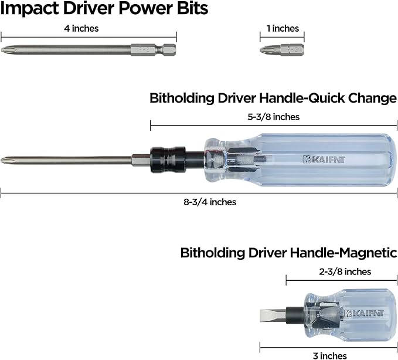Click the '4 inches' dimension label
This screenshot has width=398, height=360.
(x=81, y=28)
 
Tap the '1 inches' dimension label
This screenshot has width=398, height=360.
(x=283, y=28)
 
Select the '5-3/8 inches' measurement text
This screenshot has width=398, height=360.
(x=274, y=117)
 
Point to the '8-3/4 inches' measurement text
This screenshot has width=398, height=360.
(x=210, y=202)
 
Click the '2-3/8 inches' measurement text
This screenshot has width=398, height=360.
(x=345, y=271)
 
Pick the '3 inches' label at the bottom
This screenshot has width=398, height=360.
(x=330, y=356)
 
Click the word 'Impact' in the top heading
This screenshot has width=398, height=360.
(x=30, y=8)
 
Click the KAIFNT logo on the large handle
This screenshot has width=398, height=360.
(x=324, y=159)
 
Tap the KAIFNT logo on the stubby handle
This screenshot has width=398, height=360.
(x=364, y=313)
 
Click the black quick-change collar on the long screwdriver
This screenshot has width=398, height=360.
(x=168, y=159)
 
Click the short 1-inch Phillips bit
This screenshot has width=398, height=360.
(x=282, y=50)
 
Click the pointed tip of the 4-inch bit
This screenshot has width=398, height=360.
(x=3, y=50)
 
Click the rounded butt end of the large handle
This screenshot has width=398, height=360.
(x=393, y=159)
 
